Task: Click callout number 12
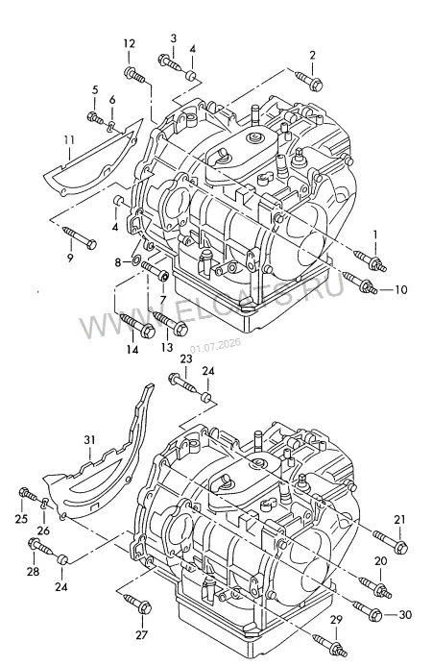130,43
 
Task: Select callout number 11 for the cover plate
69,140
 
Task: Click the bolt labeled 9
80,237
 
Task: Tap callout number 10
400,289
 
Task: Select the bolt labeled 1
371,260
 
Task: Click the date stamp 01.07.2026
215,345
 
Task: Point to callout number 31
89,440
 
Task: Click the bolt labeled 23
182,382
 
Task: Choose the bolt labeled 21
391,541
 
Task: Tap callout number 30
406,614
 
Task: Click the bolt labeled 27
137,604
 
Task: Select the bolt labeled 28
40,548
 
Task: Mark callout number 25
21,519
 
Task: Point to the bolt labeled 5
95,117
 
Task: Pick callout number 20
381,561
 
